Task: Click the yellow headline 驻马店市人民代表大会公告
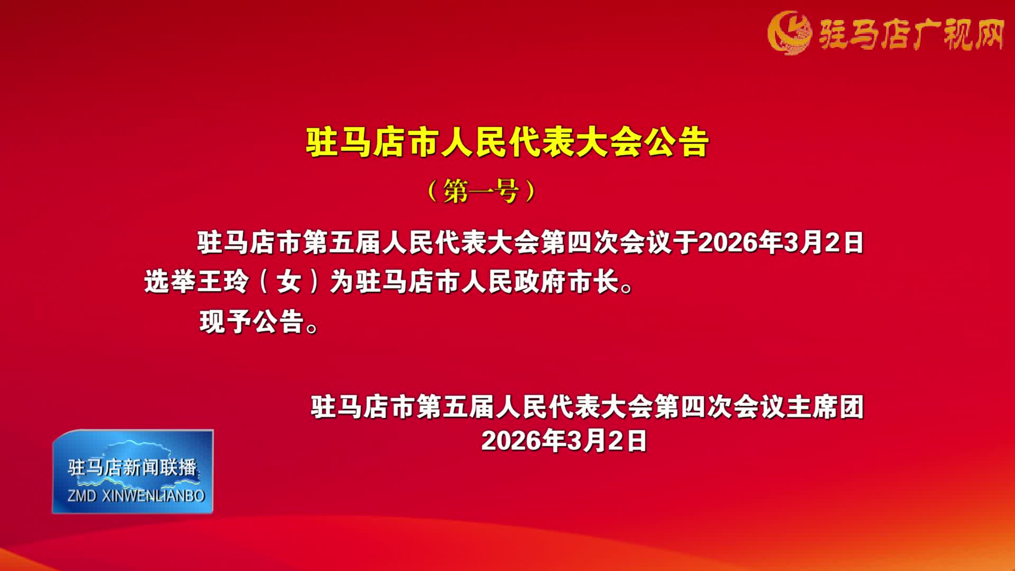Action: click(x=507, y=142)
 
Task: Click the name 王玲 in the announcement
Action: click(x=223, y=282)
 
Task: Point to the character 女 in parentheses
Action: click(x=289, y=282)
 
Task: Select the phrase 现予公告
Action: click(x=252, y=322)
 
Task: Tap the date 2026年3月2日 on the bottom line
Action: click(x=564, y=440)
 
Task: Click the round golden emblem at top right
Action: click(x=789, y=33)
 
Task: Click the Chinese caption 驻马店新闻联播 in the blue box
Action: click(x=132, y=467)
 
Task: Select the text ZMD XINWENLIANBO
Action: click(x=136, y=496)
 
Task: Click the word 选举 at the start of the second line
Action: click(x=170, y=282)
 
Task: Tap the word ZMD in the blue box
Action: click(x=82, y=496)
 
